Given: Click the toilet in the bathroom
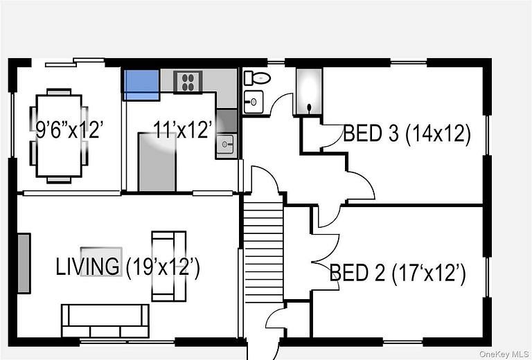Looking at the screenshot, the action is (x=257, y=78).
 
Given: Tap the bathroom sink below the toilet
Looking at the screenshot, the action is (x=253, y=102).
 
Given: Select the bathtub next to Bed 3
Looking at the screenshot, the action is (x=309, y=91).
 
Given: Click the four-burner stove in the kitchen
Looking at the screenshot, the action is (x=188, y=82).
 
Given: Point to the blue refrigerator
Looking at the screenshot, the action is (x=141, y=84).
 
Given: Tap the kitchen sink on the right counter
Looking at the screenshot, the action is (x=225, y=145).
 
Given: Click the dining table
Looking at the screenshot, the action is (x=59, y=136).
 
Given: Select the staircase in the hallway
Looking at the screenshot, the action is (x=263, y=249).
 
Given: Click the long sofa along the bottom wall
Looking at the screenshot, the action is (x=105, y=321).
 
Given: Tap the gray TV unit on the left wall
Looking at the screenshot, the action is (x=24, y=263).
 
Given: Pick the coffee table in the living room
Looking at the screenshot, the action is (x=101, y=262).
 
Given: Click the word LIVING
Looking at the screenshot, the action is (x=87, y=267).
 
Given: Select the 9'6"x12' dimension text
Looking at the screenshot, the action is (x=69, y=129).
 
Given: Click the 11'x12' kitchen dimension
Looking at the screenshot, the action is (x=183, y=129).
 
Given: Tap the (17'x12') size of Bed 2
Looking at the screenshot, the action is (x=429, y=272).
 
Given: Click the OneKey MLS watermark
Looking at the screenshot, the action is (x=504, y=354).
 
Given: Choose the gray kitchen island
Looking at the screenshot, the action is (x=157, y=162).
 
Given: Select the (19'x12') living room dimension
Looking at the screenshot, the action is (x=163, y=267).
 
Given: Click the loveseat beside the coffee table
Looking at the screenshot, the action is (x=168, y=266).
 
